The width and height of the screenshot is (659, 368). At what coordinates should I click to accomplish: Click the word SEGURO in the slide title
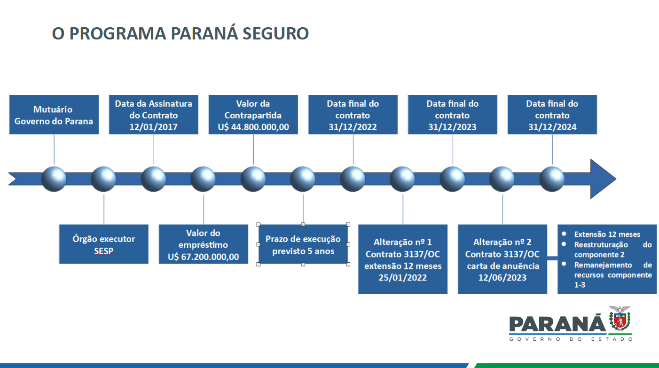pyautogui.click(x=275, y=33)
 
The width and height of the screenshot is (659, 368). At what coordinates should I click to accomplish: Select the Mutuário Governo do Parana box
pyautogui.click(x=54, y=114)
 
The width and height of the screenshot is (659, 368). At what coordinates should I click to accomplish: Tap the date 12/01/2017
pyautogui.click(x=153, y=127)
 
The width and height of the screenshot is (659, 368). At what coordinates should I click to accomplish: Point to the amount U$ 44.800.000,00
pyautogui.click(x=253, y=127)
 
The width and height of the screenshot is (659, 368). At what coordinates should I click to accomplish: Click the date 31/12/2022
pyautogui.click(x=353, y=127)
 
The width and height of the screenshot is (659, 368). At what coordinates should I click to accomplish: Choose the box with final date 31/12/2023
pyautogui.click(x=453, y=114)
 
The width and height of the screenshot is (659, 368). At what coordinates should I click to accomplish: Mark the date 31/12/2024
pyautogui.click(x=552, y=127)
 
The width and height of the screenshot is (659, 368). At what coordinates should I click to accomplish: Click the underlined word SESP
pyautogui.click(x=103, y=251)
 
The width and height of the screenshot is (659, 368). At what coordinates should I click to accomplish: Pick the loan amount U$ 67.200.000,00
pyautogui.click(x=203, y=257)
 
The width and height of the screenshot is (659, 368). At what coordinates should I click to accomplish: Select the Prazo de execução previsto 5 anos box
pyautogui.click(x=303, y=244)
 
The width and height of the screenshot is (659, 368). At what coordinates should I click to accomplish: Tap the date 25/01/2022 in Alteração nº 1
pyautogui.click(x=402, y=278)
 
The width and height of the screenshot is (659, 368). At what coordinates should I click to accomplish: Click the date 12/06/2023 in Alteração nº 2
pyautogui.click(x=502, y=278)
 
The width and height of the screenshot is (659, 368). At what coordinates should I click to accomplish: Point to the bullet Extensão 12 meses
pyautogui.click(x=607, y=235)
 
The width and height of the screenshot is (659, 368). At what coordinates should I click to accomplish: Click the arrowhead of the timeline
pyautogui.click(x=603, y=179)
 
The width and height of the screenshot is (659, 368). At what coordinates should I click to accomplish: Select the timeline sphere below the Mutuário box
pyautogui.click(x=54, y=179)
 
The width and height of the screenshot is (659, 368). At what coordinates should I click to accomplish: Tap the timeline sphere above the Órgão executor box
pyautogui.click(x=103, y=179)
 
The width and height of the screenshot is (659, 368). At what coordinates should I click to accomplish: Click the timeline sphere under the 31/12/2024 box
pyautogui.click(x=552, y=179)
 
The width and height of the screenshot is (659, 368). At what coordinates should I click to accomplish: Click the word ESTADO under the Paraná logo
pyautogui.click(x=612, y=339)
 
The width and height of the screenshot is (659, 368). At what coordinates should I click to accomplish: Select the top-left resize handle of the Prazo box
pyautogui.click(x=259, y=225)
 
